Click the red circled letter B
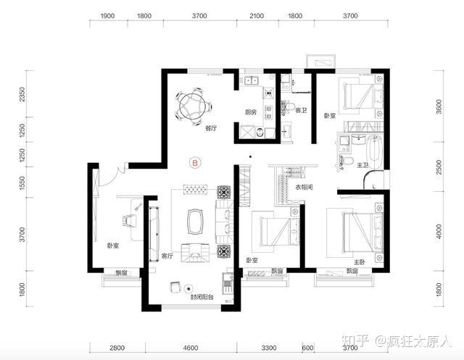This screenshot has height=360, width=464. coord(195,163)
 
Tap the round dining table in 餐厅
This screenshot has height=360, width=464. coord(193,106)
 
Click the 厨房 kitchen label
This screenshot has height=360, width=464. coord(251,112)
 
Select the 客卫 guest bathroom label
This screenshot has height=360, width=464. coord(302,110)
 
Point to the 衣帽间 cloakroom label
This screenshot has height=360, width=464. coord(304,187)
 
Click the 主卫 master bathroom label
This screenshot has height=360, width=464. coord(362,165)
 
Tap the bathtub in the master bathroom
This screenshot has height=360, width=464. coord(374,153)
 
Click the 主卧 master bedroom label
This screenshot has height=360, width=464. coord(360,262)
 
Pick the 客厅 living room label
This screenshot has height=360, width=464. coord(167,256)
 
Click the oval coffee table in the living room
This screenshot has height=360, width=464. coord(195,222)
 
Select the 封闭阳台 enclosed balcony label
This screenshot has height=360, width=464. coord(202,297)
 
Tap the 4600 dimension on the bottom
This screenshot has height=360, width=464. coord(190,348)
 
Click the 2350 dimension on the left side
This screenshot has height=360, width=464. coord(22,94)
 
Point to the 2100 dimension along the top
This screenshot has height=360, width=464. coord(257,16)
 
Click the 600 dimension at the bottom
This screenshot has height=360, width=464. coord(307,348)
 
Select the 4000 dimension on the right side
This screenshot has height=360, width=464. coord(439,232)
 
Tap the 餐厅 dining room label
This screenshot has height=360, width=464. coord(211,128)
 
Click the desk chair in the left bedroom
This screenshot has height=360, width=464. coord(129,220)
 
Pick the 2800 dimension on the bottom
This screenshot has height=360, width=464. coord(117,348)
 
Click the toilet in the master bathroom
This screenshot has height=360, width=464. coord(347,161)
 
